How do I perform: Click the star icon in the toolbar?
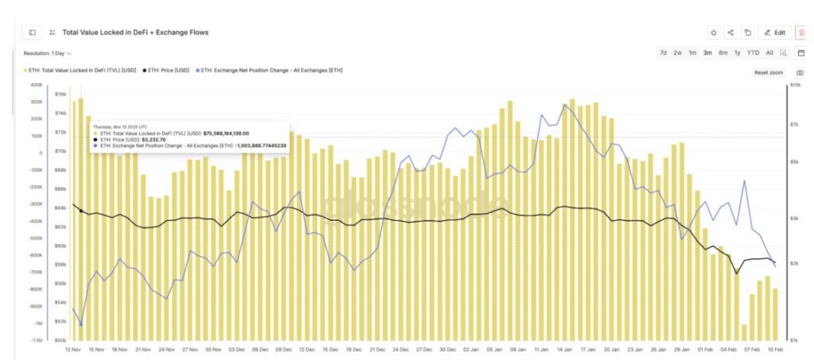coord(713,33)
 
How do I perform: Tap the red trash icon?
coord(800,33)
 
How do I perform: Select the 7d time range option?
coord(663,52)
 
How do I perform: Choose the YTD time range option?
coord(753,52)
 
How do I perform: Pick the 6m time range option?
coord(723,52)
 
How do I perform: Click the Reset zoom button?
coord(768,72)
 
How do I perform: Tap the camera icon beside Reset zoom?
coord(800,72)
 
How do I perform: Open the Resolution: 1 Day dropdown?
coord(48,53)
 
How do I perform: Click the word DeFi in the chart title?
coord(125,33)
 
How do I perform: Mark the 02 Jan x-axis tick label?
coord(471,349)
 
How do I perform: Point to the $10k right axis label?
coord(794,85)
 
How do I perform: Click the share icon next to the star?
coord(731,33)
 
